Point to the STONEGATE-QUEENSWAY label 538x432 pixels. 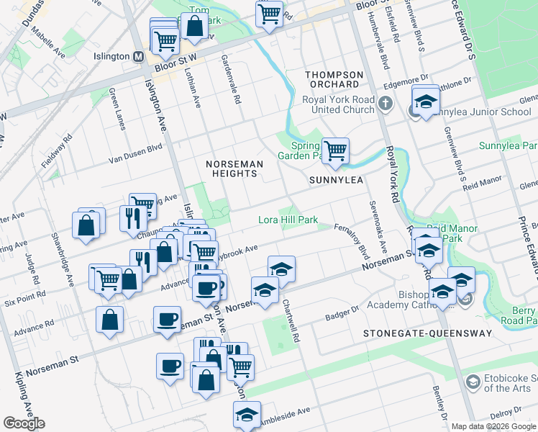(427, 333)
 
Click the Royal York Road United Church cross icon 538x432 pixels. (386, 102)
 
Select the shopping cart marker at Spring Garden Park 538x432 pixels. (335, 150)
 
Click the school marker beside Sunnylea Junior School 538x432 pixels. (425, 100)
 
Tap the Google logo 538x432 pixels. (24, 423)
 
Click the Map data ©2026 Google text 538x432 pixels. (494, 426)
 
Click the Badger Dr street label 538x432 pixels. (341, 312)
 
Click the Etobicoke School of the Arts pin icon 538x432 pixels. (473, 381)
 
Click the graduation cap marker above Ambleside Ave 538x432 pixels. (247, 415)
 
